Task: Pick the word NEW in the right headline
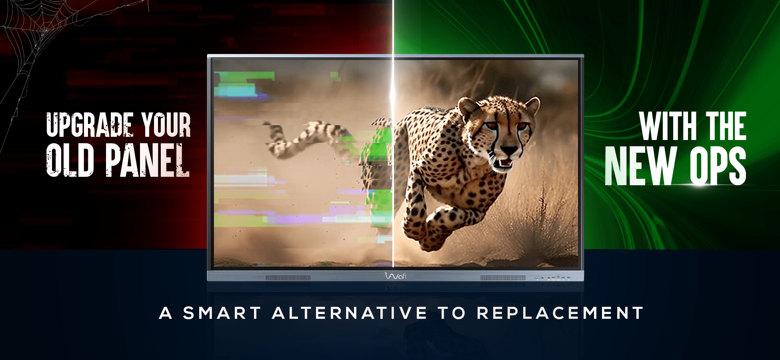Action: coord(640,166)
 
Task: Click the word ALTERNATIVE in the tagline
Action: coord(350,313)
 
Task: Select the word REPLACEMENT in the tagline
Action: coord(560,313)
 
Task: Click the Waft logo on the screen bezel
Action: coord(396,276)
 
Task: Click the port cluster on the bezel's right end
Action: coord(553,277)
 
